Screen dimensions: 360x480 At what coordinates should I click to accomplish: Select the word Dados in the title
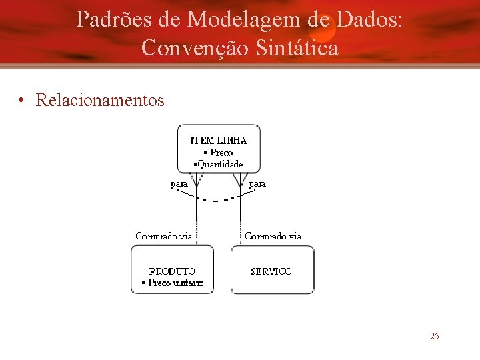point(370,20)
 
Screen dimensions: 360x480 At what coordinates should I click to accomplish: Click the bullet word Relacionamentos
point(100,101)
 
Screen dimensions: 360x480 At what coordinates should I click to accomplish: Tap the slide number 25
point(434,336)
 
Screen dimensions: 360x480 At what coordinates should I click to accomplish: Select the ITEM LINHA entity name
point(219,141)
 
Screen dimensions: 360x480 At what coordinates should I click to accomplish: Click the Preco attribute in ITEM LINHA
point(221,153)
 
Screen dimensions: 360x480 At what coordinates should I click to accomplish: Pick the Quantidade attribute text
point(219,164)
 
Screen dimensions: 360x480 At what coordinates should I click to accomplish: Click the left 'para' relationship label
point(179,184)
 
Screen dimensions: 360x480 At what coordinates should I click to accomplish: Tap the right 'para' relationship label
point(257,184)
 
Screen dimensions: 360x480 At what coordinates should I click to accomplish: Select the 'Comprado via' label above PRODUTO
point(163,236)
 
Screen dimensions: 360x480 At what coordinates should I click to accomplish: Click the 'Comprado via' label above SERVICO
point(273,236)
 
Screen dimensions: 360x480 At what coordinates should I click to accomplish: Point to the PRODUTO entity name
point(172,271)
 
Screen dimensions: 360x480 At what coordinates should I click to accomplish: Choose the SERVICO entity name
point(271,271)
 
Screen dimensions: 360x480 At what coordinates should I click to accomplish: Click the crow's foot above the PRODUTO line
point(197,179)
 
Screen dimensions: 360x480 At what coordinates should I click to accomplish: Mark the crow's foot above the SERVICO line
point(240,179)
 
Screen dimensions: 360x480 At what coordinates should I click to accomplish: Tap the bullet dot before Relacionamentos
point(23,101)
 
